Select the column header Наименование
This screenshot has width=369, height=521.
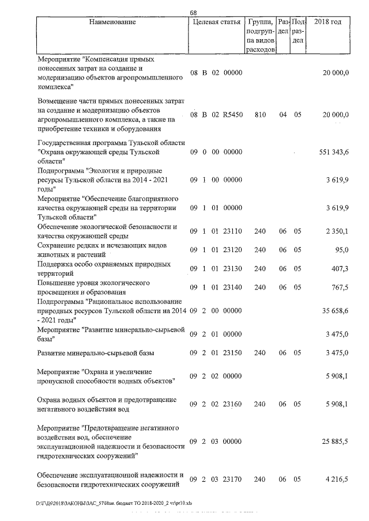pos(112,22)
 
